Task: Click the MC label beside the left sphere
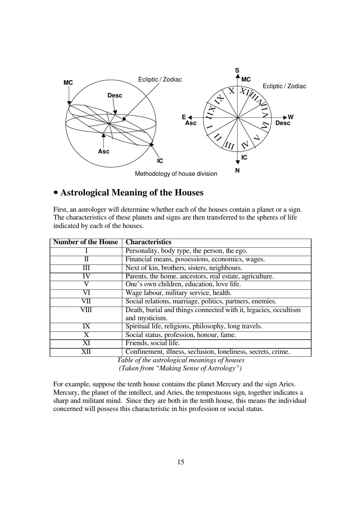(x=68, y=83)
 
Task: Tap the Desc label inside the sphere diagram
(x=114, y=95)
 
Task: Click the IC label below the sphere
(x=160, y=161)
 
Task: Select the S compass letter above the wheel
(x=237, y=70)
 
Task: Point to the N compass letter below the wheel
(x=237, y=170)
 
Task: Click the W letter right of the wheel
(x=291, y=117)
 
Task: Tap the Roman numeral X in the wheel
(x=232, y=91)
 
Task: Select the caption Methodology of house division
(x=176, y=174)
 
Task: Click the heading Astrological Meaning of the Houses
(x=131, y=193)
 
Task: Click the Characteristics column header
(x=148, y=242)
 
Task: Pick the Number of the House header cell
(x=86, y=242)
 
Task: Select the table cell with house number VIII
(x=86, y=310)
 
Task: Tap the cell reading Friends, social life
(x=152, y=343)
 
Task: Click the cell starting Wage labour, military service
(x=178, y=293)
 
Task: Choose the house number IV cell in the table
(x=86, y=276)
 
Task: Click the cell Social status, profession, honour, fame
(x=180, y=335)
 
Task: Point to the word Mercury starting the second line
(x=66, y=392)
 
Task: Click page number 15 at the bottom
(x=180, y=462)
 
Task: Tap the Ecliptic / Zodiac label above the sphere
(x=160, y=80)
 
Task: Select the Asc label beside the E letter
(x=191, y=123)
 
